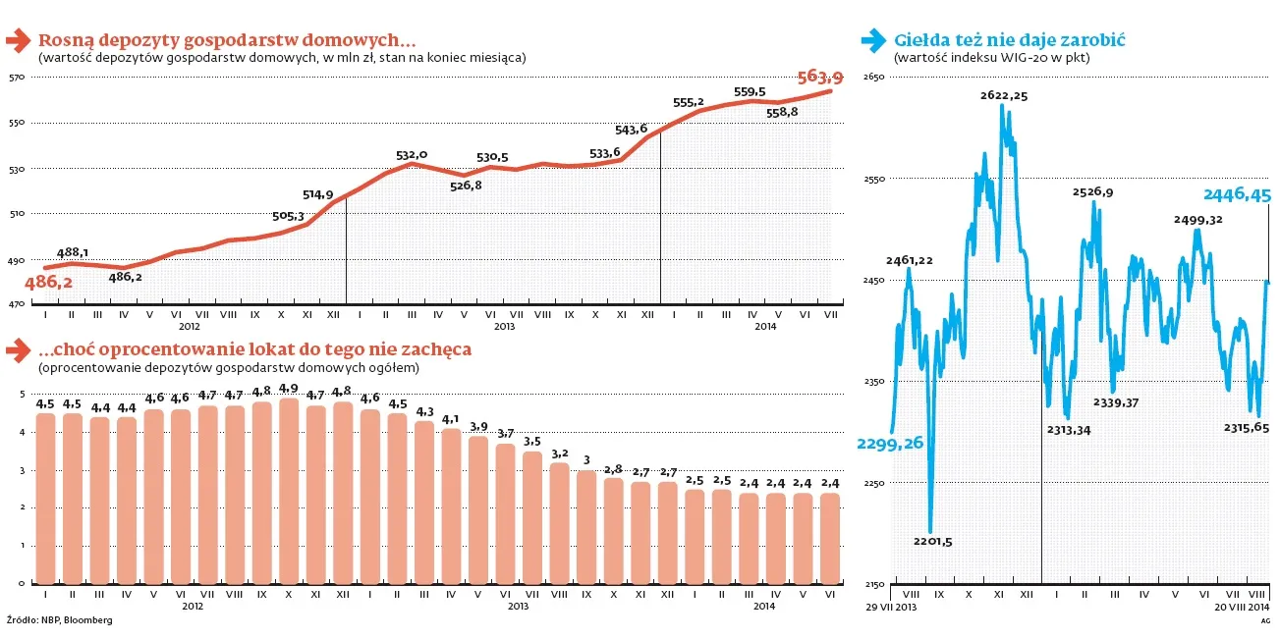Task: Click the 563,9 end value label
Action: [x=819, y=77]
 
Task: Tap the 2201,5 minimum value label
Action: [x=932, y=541]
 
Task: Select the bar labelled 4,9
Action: [x=289, y=491]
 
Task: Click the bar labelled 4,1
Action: [x=451, y=506]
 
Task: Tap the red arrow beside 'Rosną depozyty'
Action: [x=18, y=41]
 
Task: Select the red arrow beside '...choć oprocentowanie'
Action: [x=18, y=349]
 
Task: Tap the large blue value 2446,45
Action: [x=1238, y=195]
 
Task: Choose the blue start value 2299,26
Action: [x=889, y=444]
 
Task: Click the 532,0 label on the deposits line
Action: [x=412, y=154]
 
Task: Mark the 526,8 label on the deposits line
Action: [x=465, y=186]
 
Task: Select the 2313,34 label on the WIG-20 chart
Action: [x=1069, y=429]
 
